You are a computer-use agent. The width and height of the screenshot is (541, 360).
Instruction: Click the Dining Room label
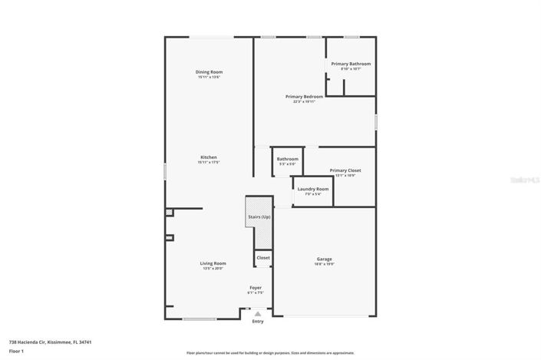[x=209, y=72]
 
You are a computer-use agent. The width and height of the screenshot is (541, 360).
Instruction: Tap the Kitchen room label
[x=209, y=157]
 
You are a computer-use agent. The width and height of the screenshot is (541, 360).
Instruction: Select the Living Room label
[x=213, y=263]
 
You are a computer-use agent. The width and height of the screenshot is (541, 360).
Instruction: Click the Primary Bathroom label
[x=351, y=64]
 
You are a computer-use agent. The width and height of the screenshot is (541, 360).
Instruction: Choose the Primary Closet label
[x=345, y=170]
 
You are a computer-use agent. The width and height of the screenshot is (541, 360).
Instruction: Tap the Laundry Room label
[x=313, y=189]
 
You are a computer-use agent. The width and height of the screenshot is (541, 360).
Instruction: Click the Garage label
[x=325, y=259]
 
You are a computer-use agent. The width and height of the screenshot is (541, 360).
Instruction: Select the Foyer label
[x=256, y=287]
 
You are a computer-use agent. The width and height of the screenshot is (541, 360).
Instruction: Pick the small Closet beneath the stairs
[x=263, y=258]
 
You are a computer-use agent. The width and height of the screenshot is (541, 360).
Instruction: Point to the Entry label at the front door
[x=258, y=321]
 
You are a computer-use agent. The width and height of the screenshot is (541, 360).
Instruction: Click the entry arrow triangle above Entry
[x=258, y=313]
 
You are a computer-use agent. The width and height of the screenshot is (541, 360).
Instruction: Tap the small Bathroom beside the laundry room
[x=288, y=159]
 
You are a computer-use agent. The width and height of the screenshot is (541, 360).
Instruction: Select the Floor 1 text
[x=17, y=351]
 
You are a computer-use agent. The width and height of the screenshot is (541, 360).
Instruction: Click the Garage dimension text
[x=325, y=264]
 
